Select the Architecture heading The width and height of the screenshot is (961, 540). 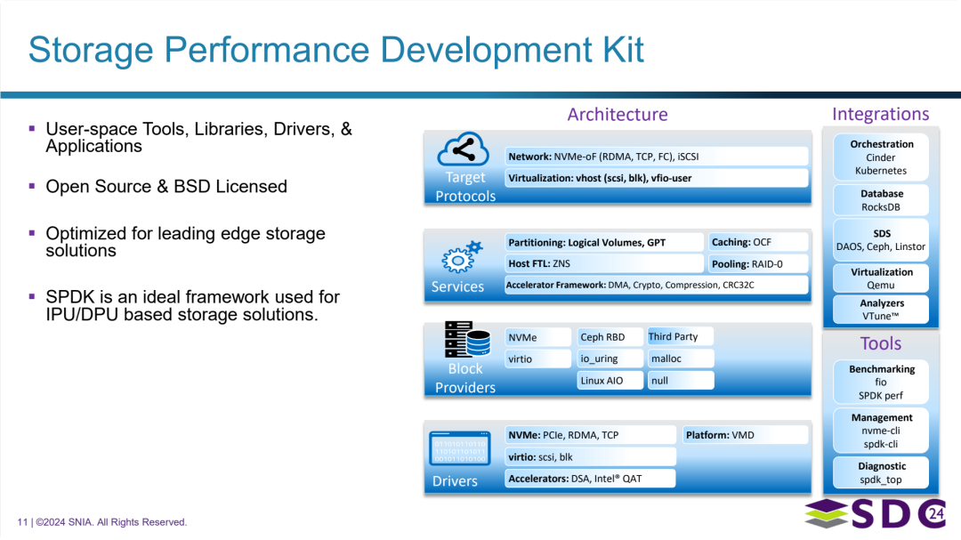617,114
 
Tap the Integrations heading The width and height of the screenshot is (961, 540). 880,114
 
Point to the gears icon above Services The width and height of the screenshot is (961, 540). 461,257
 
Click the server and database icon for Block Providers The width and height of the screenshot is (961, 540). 465,341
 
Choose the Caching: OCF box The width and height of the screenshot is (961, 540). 758,242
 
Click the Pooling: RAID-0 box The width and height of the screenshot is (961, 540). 758,264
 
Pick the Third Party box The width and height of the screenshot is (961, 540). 680,336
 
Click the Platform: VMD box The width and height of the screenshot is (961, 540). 745,435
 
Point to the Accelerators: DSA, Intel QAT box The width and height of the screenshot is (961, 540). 589,479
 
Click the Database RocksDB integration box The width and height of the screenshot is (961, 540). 881,200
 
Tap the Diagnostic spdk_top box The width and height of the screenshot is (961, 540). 881,472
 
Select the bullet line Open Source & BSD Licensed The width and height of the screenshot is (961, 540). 166,187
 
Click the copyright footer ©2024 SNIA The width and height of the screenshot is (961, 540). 102,522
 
